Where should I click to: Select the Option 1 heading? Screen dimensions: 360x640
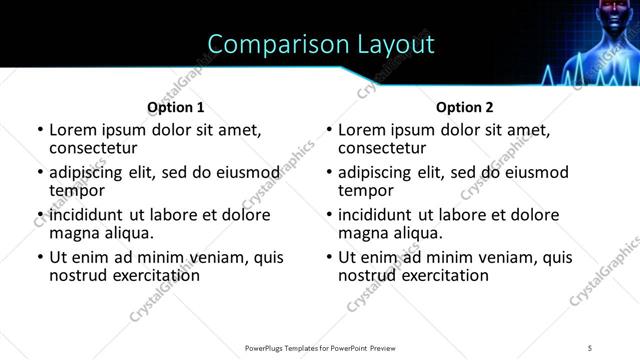coord(176,107)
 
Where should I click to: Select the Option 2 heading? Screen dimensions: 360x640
coord(465,107)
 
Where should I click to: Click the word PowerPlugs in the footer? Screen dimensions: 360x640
coord(270,348)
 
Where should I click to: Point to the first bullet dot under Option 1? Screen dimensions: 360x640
coord(40,130)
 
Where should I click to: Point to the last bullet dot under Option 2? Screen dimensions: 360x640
coord(329,257)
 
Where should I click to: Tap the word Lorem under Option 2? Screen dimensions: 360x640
coord(362,130)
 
